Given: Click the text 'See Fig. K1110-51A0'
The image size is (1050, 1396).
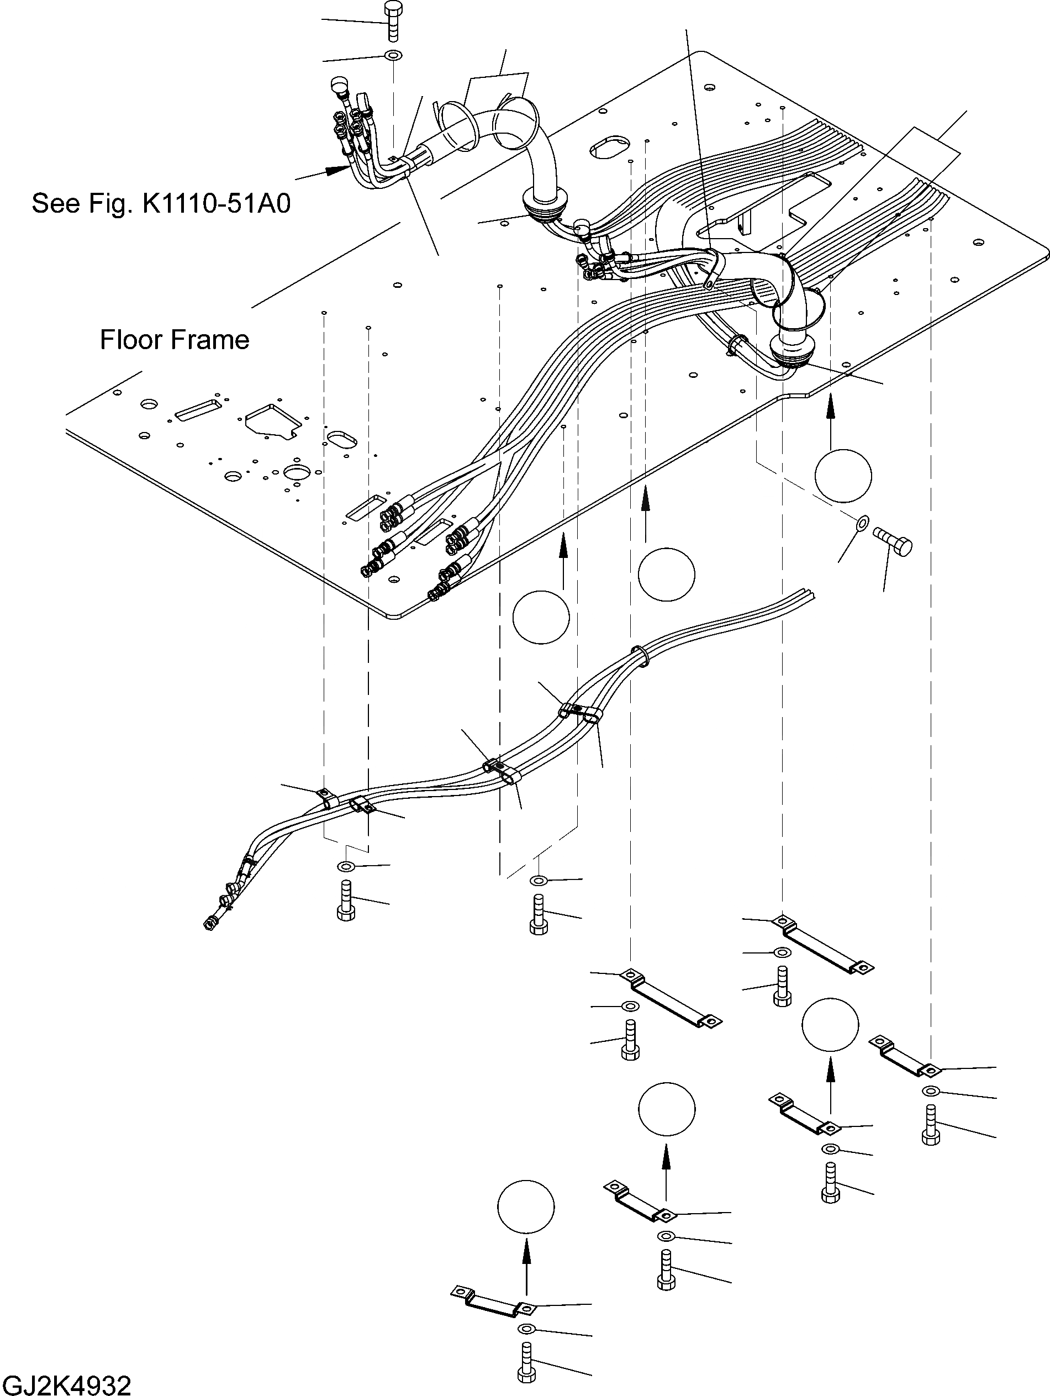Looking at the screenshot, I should click(161, 204).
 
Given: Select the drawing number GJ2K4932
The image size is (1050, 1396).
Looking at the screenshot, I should click(66, 1384).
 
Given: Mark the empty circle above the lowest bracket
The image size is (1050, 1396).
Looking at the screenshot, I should click(526, 1207).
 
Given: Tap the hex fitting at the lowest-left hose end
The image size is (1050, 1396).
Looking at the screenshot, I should click(208, 925).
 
